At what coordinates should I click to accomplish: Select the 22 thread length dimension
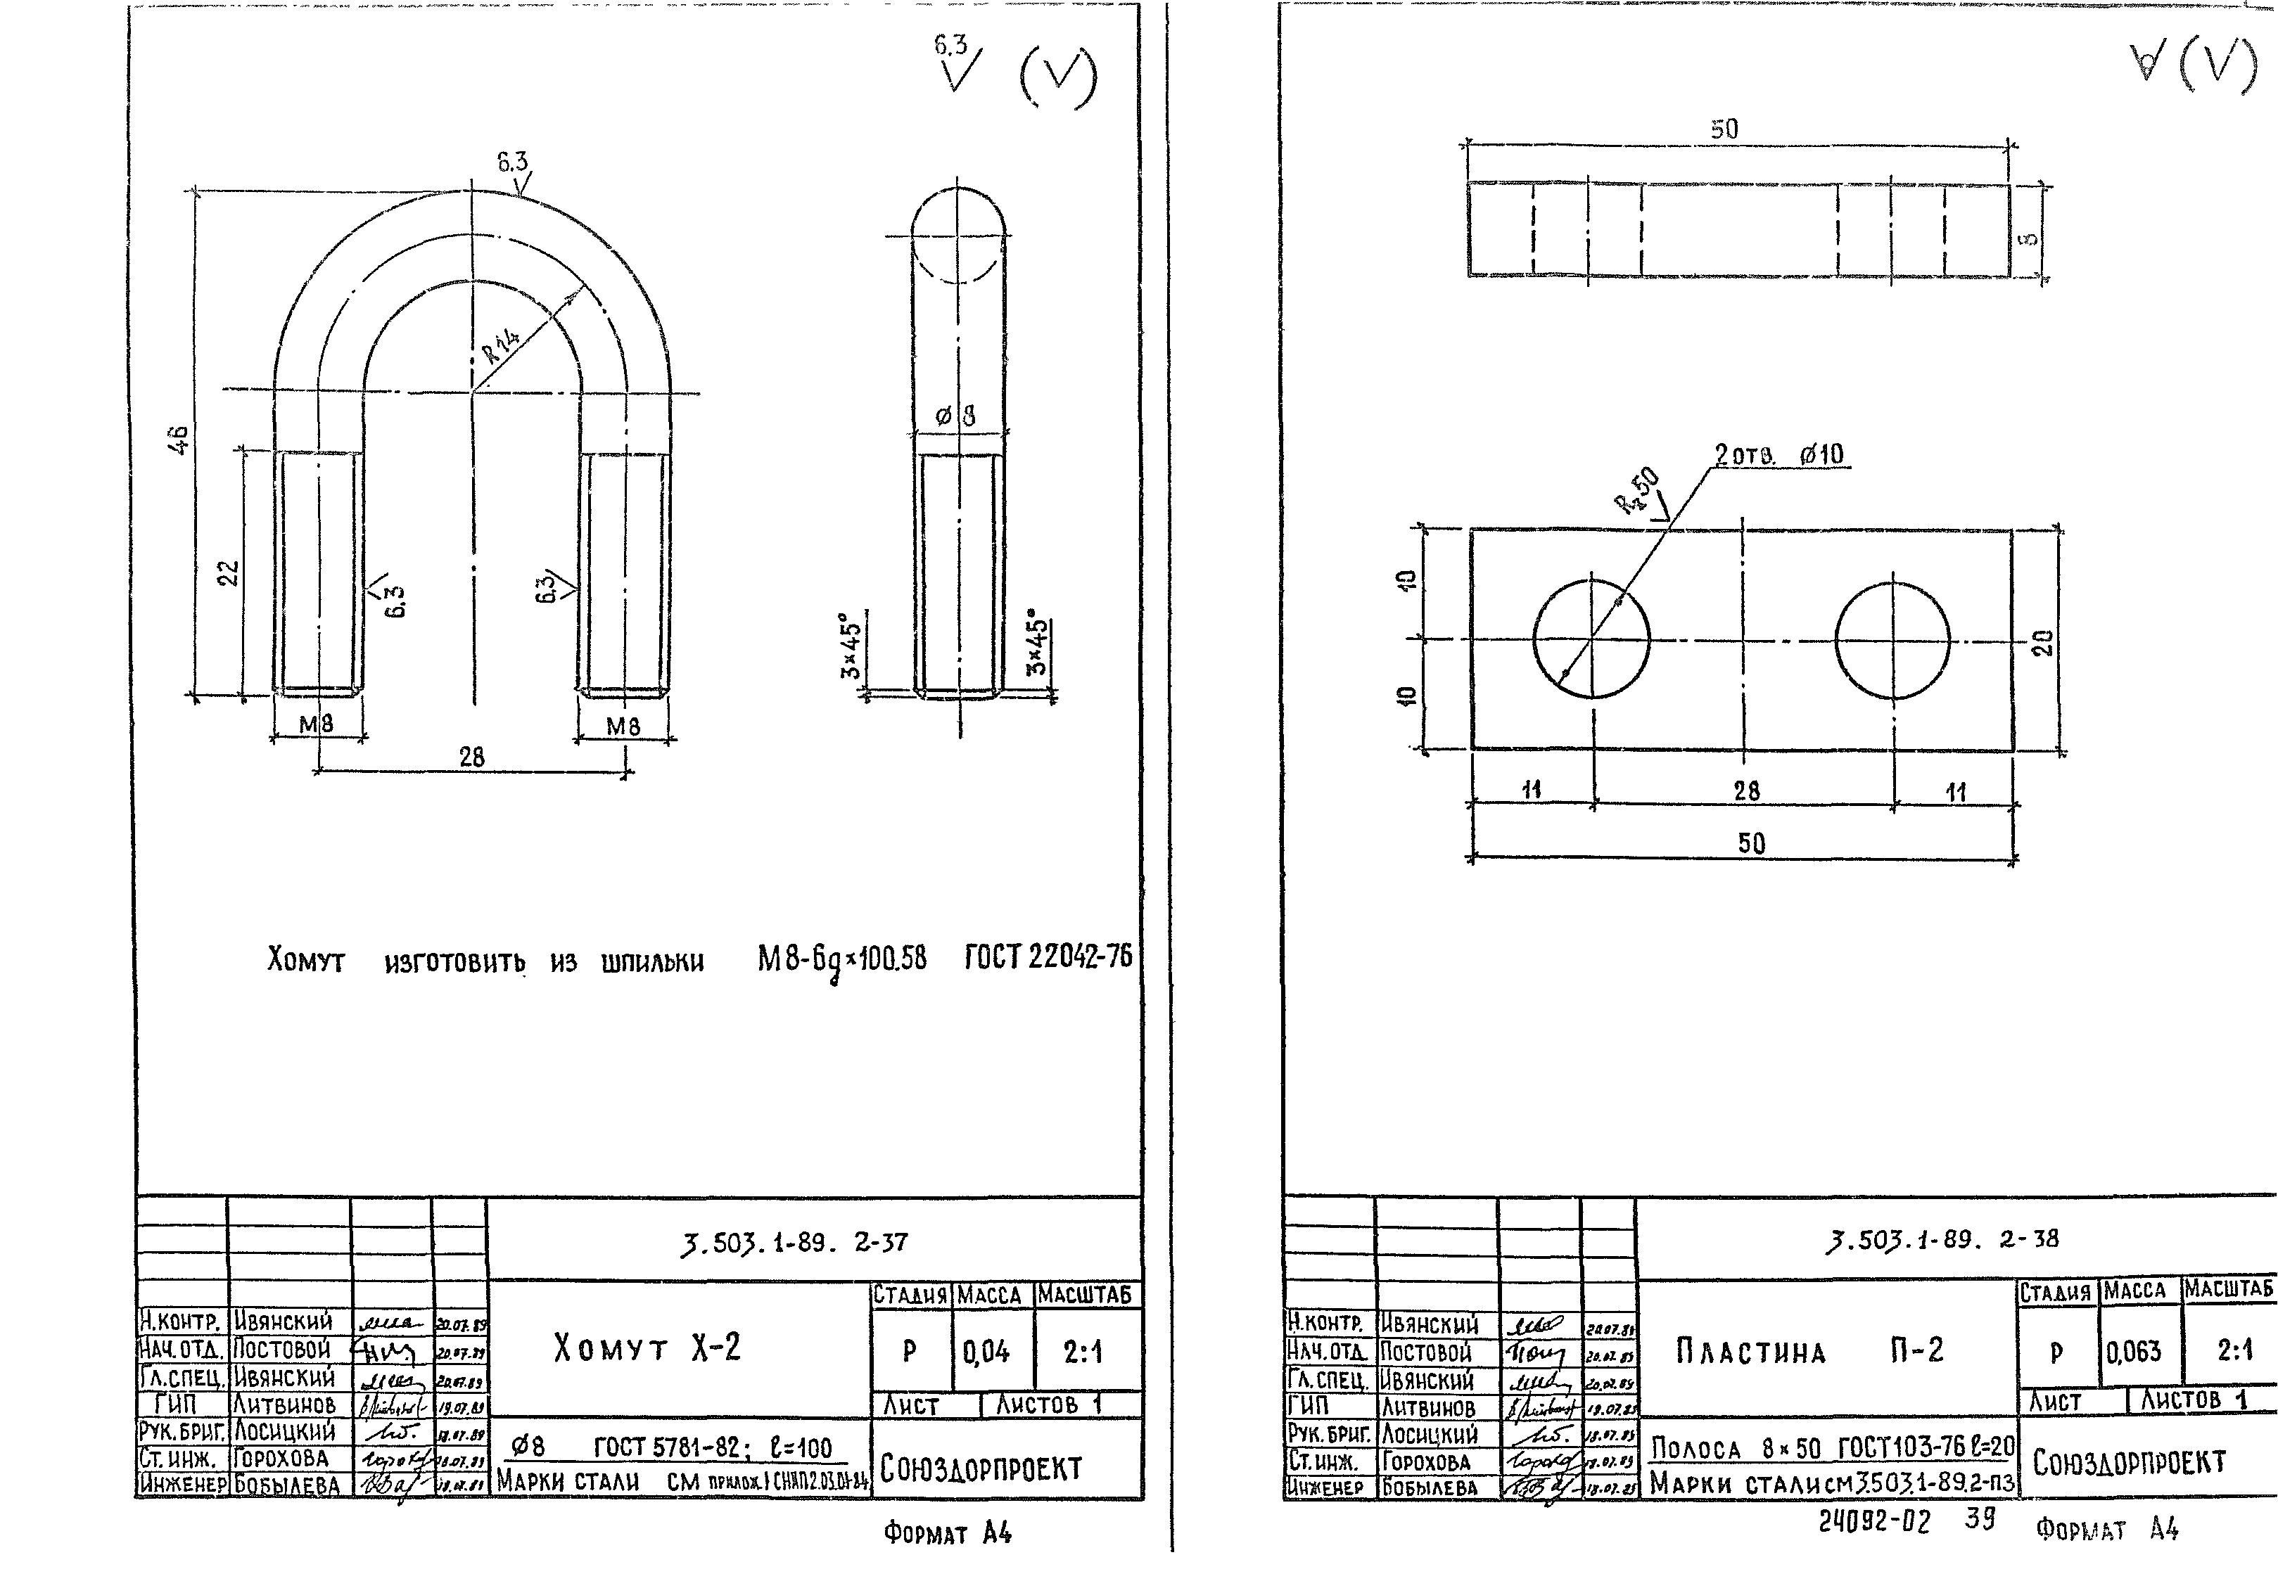point(229,572)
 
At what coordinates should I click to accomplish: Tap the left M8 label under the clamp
point(316,725)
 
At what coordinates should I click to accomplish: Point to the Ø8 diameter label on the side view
point(956,417)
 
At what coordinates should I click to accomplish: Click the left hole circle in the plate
point(1591,639)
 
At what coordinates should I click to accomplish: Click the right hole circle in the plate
point(1892,639)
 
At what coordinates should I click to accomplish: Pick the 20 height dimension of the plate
point(2043,643)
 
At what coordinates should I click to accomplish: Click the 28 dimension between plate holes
point(1746,790)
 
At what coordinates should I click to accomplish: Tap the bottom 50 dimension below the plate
point(1751,843)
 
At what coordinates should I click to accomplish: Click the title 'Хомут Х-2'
point(647,1348)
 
